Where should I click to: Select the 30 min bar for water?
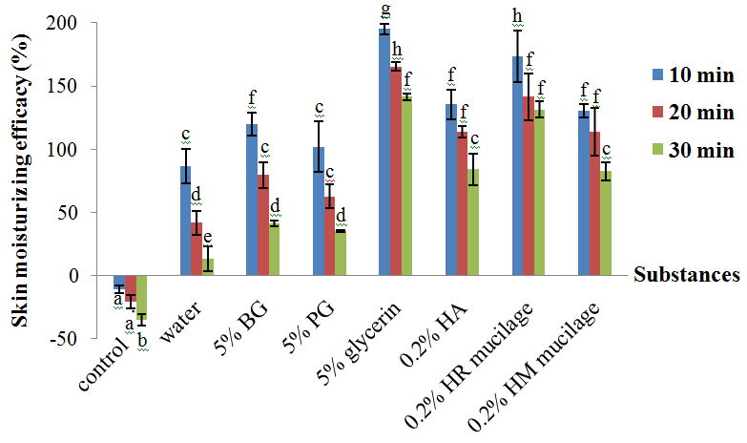coord(208,266)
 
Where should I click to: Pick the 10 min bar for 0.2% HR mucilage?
coord(517,166)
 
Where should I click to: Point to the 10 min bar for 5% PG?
coord(319,211)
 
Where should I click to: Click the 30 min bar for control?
coord(142,296)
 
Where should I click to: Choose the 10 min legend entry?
coord(693,74)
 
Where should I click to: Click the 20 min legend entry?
coord(693,113)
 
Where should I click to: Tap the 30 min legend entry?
coord(693,150)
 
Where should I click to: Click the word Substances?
coord(687,276)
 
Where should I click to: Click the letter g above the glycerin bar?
coord(384,10)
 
